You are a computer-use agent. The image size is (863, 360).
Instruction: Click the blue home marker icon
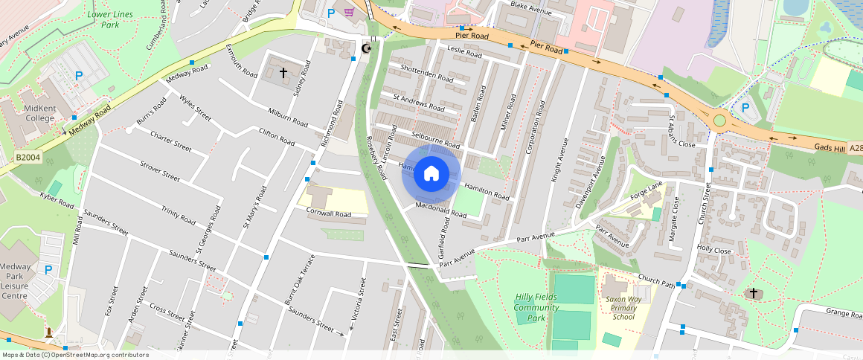pyautogui.click(x=431, y=174)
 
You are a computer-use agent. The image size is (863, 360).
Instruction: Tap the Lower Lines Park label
pyautogui.click(x=103, y=19)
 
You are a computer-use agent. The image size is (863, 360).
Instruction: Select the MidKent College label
pyautogui.click(x=40, y=113)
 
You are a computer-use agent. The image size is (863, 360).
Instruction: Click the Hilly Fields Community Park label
pyautogui.click(x=536, y=307)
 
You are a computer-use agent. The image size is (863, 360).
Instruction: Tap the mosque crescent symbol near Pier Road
pyautogui.click(x=365, y=48)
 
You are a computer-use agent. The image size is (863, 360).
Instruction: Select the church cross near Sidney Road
pyautogui.click(x=283, y=73)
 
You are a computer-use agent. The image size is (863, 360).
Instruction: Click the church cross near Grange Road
pyautogui.click(x=753, y=293)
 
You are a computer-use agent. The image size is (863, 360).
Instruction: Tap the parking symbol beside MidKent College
pyautogui.click(x=79, y=75)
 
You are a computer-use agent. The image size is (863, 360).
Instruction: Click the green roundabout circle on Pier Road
pyautogui.click(x=719, y=120)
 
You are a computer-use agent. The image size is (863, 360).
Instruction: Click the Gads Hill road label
pyautogui.click(x=829, y=148)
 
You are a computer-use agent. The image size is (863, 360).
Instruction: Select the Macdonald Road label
pyautogui.click(x=441, y=209)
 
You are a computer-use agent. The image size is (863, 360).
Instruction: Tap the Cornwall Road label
pyautogui.click(x=328, y=213)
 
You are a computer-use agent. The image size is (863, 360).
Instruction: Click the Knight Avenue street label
pyautogui.click(x=559, y=160)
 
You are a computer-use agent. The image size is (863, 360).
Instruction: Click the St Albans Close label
pyautogui.click(x=681, y=132)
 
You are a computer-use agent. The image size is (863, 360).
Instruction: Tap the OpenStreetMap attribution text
pyautogui.click(x=76, y=355)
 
